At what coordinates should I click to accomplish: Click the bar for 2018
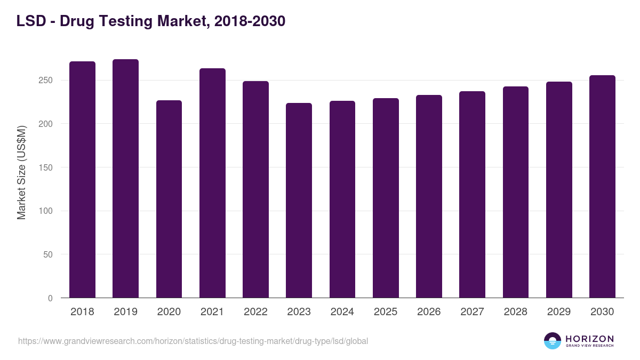pos(82,180)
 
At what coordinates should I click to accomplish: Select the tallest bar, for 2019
pos(125,179)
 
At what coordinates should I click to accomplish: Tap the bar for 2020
pos(169,199)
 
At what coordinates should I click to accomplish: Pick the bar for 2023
pos(299,201)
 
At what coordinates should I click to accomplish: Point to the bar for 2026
pos(429,196)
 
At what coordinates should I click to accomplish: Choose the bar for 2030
pos(602,187)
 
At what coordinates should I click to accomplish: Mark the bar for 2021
pos(212,183)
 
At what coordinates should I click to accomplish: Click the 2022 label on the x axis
pos(255,312)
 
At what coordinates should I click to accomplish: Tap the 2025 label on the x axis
pos(386,312)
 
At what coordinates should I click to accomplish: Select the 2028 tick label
pos(515,312)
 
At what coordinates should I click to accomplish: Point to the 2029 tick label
pos(559,312)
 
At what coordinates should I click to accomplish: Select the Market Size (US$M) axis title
pos(21,172)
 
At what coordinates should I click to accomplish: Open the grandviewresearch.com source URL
pos(193,341)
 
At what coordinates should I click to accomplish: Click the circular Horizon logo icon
pos(553,341)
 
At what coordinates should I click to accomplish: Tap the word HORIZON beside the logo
pos(590,339)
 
